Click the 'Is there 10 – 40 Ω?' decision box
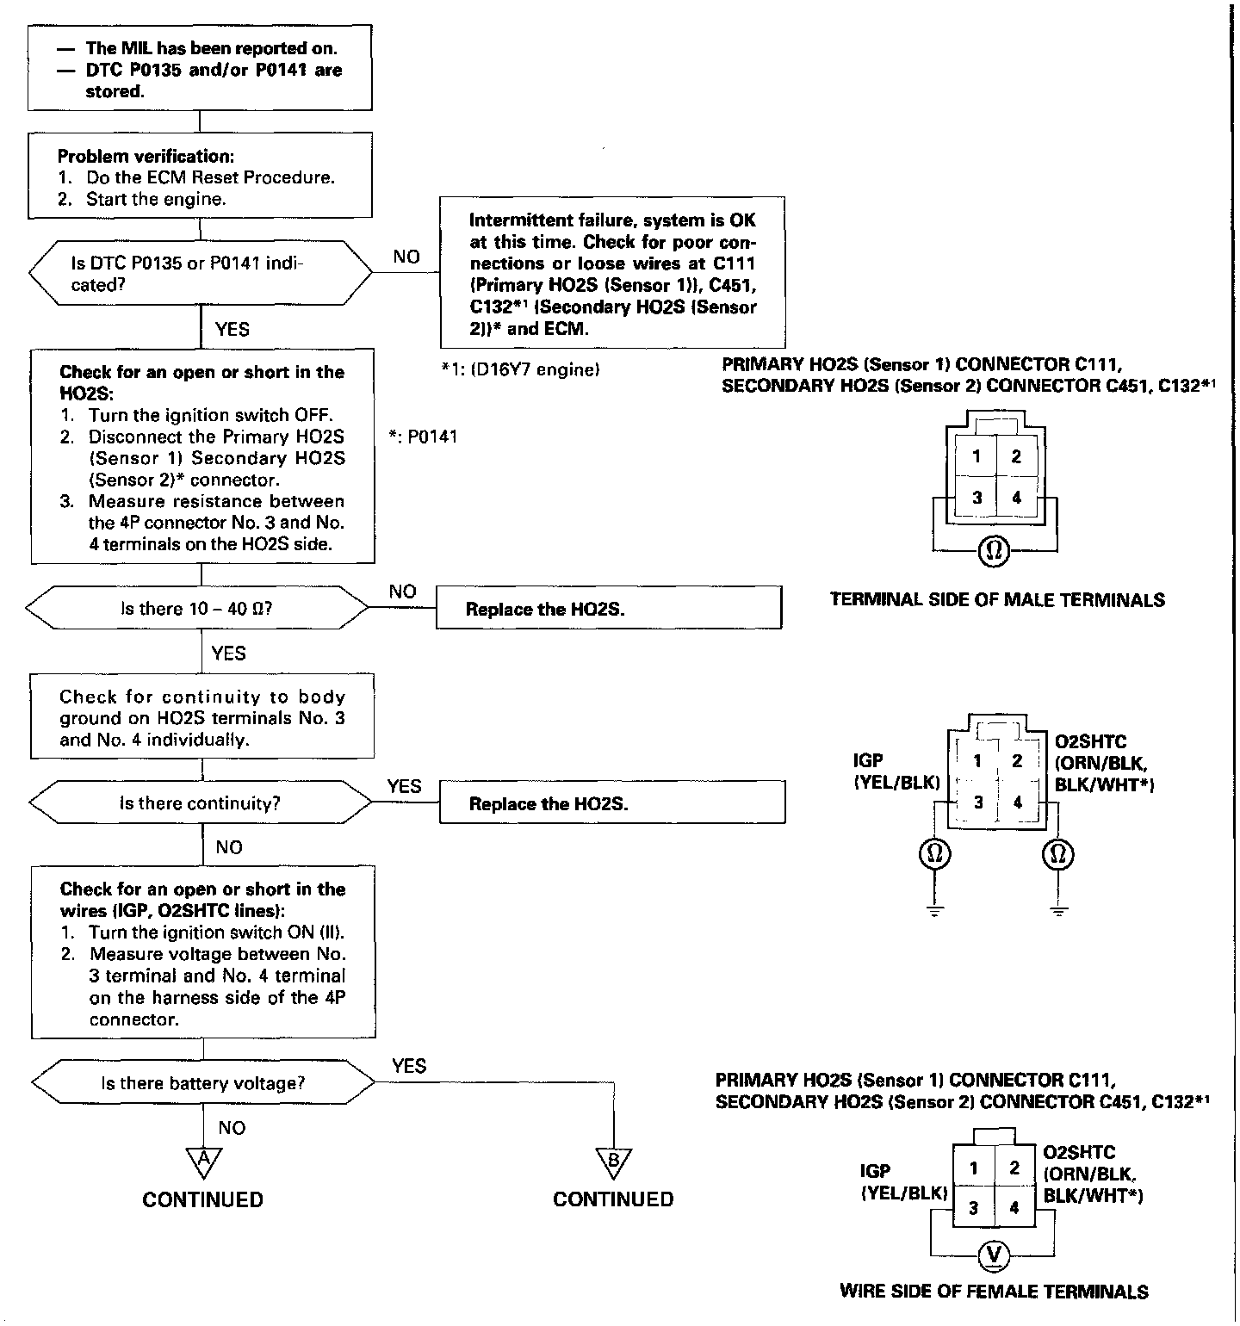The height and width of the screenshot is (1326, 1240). click(197, 609)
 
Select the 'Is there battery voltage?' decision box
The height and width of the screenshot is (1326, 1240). click(202, 1083)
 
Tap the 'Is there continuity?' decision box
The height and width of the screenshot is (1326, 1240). click(200, 803)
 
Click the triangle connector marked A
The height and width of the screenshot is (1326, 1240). click(204, 1162)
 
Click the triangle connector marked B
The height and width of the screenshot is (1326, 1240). click(614, 1162)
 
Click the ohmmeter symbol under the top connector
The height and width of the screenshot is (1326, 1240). click(995, 550)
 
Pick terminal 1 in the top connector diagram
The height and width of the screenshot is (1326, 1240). click(976, 456)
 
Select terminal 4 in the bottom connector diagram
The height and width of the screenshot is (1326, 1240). click(1014, 1208)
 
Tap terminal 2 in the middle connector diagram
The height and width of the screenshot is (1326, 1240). click(1017, 760)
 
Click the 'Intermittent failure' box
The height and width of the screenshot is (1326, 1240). click(612, 273)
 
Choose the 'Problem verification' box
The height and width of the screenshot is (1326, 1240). click(200, 176)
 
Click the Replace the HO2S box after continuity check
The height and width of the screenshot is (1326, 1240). click(612, 804)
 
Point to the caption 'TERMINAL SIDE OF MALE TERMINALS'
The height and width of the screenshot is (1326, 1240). click(997, 600)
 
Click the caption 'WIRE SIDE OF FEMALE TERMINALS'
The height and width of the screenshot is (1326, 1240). click(994, 1292)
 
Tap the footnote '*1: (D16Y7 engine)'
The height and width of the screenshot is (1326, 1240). click(520, 370)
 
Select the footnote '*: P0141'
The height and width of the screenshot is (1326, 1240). click(423, 437)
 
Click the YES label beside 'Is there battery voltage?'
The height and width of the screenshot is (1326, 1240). click(409, 1066)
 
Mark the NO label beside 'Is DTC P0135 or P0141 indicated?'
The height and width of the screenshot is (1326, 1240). click(406, 256)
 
